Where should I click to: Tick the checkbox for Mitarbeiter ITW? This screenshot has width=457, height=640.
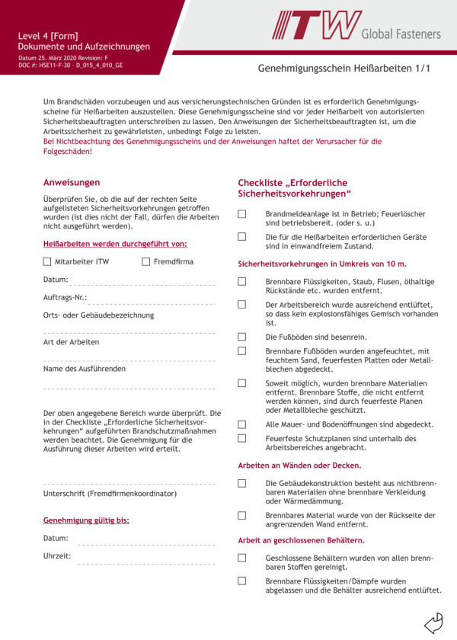[x=47, y=261]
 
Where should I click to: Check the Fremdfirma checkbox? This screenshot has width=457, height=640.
[x=145, y=261]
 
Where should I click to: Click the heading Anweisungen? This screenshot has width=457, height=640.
[x=72, y=182]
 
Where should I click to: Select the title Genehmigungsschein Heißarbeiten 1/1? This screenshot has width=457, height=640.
[x=344, y=69]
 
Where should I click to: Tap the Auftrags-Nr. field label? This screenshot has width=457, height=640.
[x=65, y=296]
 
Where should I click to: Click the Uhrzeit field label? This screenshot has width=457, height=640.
[x=57, y=555]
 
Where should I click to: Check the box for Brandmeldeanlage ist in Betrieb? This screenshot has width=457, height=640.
[x=242, y=214]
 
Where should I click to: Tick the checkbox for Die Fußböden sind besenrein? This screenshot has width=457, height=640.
[x=242, y=336]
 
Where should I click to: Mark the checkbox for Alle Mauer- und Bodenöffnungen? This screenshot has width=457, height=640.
[x=242, y=424]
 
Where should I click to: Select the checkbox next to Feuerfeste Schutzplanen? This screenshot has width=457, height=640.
[x=242, y=438]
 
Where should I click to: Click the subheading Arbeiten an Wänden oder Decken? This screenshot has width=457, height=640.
[x=299, y=465]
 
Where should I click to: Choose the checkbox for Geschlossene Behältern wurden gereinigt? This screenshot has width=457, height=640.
[x=242, y=558]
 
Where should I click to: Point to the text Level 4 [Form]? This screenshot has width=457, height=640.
[x=48, y=36]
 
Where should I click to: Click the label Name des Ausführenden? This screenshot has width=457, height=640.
[x=85, y=369]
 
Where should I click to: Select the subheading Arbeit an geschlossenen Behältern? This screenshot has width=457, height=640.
[x=301, y=539]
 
